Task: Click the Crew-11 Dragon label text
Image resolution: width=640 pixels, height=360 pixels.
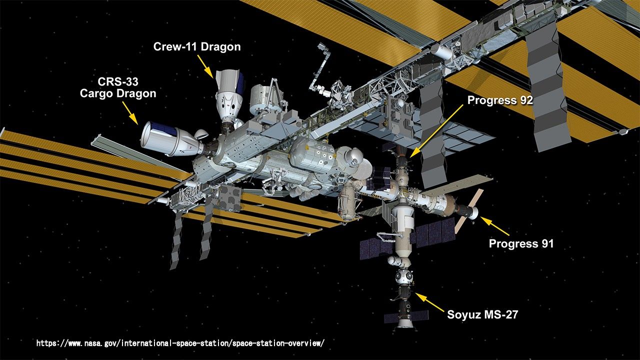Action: coord(197,47)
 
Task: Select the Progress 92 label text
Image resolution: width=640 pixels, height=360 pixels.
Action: coord(500,100)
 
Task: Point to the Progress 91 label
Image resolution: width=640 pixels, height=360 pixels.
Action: coord(521,244)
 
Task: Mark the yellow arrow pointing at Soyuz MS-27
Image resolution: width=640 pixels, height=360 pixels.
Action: coord(428,302)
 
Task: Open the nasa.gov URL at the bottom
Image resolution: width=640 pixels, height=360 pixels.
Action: coord(180,343)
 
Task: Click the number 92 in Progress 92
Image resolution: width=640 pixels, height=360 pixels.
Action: coord(524,100)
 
